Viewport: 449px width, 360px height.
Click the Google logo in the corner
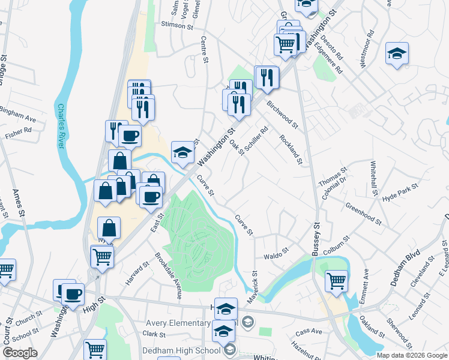pos(20,353)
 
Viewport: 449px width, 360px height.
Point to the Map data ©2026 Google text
pos(412,355)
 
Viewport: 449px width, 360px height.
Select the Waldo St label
pos(277,256)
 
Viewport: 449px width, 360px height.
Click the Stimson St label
pos(176,26)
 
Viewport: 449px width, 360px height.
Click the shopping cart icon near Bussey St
pos(336,280)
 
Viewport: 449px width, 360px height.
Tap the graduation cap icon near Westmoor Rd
pos(397,53)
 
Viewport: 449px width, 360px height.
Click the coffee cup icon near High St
pos(73,294)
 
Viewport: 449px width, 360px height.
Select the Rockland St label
pos(291,150)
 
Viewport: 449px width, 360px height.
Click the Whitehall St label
pos(375,181)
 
